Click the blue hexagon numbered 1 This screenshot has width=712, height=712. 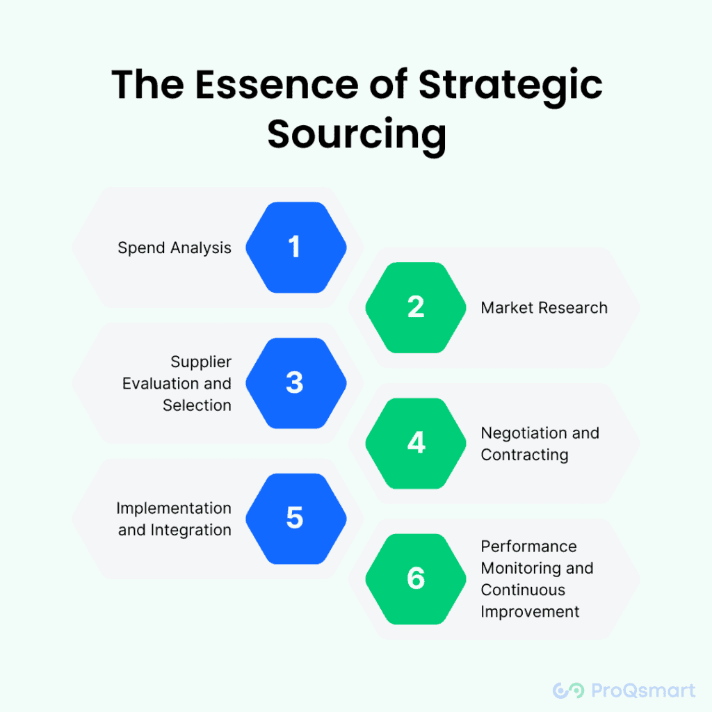click(296, 248)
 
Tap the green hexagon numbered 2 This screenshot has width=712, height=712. click(416, 307)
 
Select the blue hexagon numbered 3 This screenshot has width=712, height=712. click(296, 383)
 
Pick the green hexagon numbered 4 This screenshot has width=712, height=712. click(416, 443)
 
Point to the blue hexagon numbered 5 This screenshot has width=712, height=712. click(296, 518)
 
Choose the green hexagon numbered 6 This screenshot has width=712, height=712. click(416, 578)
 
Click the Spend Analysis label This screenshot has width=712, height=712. click(175, 248)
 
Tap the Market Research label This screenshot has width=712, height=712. click(544, 307)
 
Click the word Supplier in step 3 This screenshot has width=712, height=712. click(201, 362)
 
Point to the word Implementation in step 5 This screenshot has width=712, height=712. click(174, 508)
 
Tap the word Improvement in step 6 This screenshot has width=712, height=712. click(530, 612)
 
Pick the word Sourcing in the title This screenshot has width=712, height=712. click(356, 135)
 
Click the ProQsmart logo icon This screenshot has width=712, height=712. click(567, 690)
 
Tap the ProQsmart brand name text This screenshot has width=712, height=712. click(642, 690)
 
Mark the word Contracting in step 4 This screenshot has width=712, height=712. click(524, 455)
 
